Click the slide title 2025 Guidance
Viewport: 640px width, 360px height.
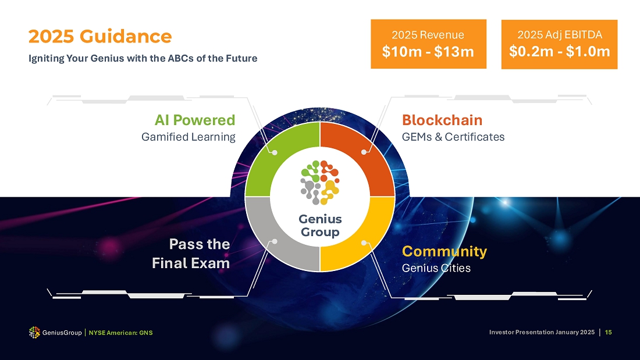coord(100,36)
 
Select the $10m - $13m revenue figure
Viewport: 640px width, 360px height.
coord(428,52)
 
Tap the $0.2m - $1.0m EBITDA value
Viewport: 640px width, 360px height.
coord(559,51)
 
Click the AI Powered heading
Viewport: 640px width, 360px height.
coord(195,120)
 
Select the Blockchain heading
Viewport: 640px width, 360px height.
coord(442,120)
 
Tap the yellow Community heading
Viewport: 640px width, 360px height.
coord(444,251)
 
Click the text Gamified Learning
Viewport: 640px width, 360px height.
coord(188,137)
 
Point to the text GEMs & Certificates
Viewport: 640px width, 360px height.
coord(453,137)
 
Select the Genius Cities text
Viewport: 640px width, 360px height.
coord(436,268)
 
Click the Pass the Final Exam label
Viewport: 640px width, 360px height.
coord(191,254)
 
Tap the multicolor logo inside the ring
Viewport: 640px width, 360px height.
coord(320,183)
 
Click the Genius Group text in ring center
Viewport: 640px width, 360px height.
coord(320,225)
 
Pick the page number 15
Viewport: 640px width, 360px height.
coord(608,332)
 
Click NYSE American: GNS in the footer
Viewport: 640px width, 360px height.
coord(120,333)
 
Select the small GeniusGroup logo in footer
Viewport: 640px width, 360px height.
coord(34,332)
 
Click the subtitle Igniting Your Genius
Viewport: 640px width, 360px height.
coord(143,58)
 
